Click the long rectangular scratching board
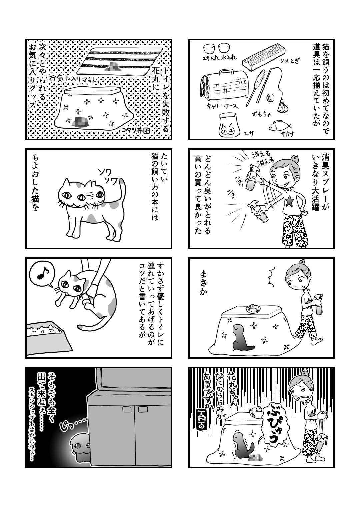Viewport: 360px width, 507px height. tap(263, 57)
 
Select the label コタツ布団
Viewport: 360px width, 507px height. tap(136, 130)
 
